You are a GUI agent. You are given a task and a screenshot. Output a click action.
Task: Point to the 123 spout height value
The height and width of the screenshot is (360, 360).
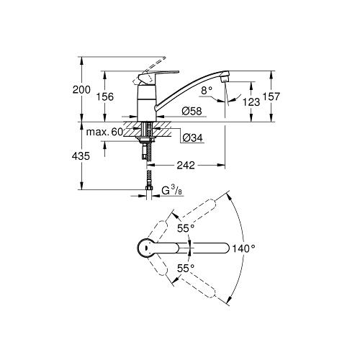[x=252, y=103]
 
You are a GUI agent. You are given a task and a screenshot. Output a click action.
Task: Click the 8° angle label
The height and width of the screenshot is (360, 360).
[x=209, y=91]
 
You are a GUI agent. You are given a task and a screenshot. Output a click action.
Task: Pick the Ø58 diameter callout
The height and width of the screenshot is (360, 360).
[x=191, y=111]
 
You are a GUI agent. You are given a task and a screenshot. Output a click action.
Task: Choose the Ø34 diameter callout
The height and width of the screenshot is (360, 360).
[x=192, y=138]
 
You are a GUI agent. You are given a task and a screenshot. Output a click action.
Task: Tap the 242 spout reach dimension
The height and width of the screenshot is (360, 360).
[x=186, y=166]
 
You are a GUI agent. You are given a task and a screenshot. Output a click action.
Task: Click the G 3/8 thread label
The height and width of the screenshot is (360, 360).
[x=170, y=192]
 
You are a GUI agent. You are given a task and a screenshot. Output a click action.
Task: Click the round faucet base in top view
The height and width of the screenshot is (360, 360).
[x=146, y=248]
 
